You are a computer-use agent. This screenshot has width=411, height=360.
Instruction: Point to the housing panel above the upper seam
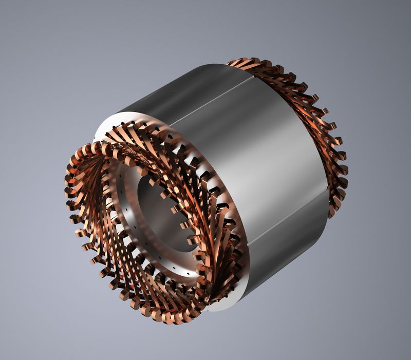click(170, 90)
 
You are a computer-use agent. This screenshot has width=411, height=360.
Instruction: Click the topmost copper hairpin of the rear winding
click(241, 61)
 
